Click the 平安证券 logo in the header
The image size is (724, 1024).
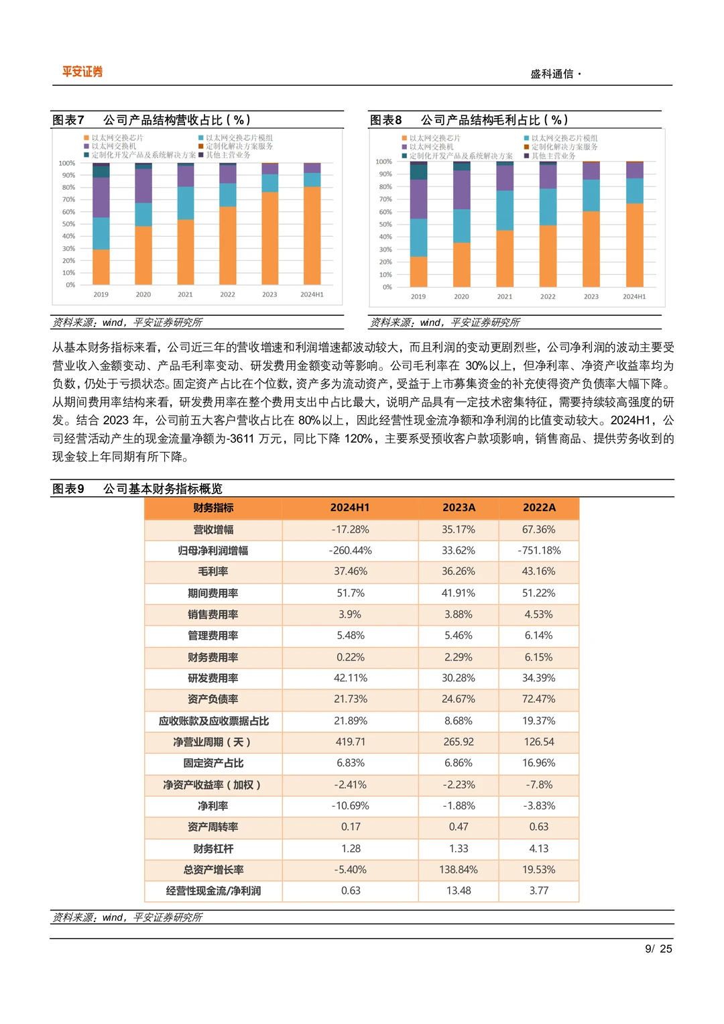click(x=82, y=72)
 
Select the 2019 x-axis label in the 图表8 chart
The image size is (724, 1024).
click(x=418, y=296)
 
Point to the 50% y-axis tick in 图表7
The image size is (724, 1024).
click(x=68, y=224)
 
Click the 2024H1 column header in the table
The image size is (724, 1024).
click(x=350, y=508)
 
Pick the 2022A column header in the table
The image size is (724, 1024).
click(x=539, y=508)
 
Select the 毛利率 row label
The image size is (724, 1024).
click(x=213, y=571)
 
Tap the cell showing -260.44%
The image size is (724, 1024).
click(x=350, y=551)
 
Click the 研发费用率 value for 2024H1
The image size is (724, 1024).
click(x=350, y=678)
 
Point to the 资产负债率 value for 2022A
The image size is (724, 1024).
click(x=539, y=699)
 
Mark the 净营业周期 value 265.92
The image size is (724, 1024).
click(x=459, y=742)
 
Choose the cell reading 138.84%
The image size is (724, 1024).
click(x=459, y=870)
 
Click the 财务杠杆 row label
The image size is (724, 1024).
click(x=213, y=848)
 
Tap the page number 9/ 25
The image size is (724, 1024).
click(x=658, y=949)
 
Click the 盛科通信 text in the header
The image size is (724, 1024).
click(x=552, y=74)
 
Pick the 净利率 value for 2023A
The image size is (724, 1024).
click(x=459, y=805)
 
